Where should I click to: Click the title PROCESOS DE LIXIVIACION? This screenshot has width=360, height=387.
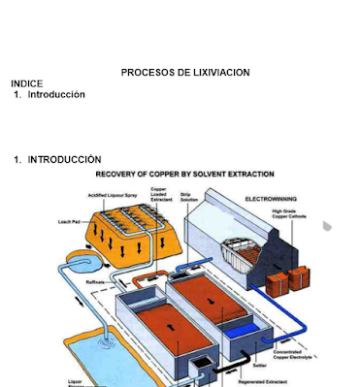coord(184,73)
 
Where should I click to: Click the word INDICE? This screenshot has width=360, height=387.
coord(26,84)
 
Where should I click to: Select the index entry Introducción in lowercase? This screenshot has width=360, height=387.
coord(56,95)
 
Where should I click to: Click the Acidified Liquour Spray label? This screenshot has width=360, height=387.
coord(113,195)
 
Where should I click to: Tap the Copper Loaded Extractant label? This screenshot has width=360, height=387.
coord(159,194)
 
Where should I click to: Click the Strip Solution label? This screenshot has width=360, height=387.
coord(189,196)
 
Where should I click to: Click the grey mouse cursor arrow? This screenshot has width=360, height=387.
coord(328,227)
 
